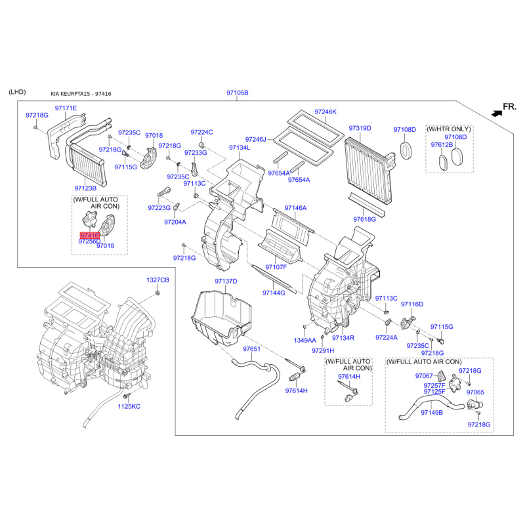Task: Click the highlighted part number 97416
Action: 89,234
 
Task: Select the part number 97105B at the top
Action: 238,93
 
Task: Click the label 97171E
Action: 66,108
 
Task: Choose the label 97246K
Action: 325,112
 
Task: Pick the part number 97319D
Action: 360,128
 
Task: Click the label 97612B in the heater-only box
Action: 442,144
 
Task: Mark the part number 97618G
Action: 364,219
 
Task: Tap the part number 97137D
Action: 225,282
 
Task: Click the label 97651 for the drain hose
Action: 251,349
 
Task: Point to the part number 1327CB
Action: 157,280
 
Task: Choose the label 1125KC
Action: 129,407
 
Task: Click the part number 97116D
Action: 412,304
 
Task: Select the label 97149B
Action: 432,412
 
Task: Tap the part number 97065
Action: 475,392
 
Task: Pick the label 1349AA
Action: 304,341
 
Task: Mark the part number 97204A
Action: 175,222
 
